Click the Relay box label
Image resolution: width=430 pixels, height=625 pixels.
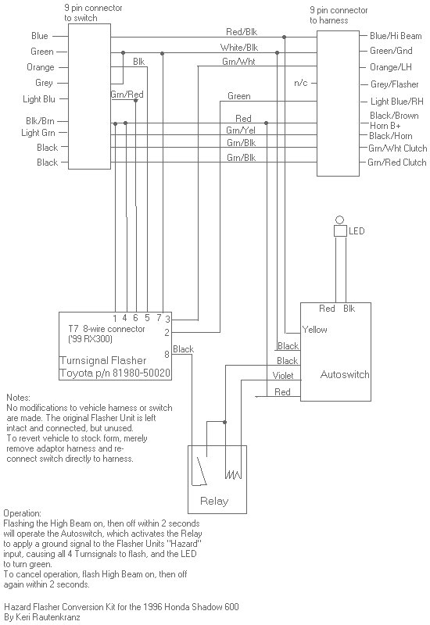(214, 501)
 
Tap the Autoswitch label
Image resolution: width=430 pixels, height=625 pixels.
(345, 374)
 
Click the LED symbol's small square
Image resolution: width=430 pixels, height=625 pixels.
(340, 231)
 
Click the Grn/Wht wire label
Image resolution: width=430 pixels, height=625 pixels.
(238, 62)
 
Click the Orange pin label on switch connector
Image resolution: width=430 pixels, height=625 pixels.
(41, 67)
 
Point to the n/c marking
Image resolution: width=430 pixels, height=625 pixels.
(300, 82)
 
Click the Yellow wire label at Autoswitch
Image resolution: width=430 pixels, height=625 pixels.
(315, 330)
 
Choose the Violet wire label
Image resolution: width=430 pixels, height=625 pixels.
(283, 376)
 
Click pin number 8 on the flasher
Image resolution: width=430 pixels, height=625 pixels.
(167, 354)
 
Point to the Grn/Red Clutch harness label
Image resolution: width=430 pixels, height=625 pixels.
(397, 162)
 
